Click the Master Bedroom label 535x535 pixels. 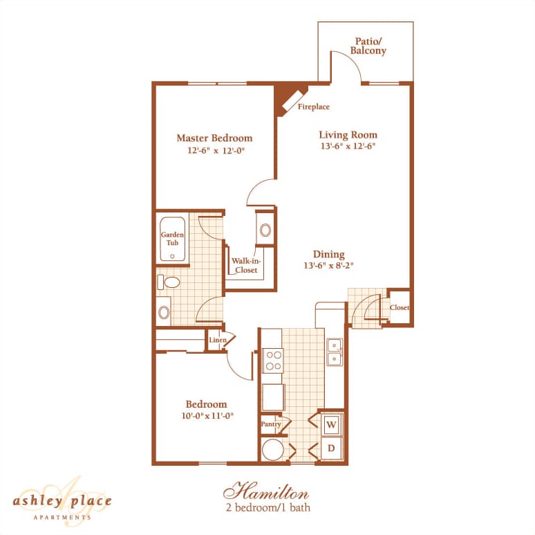pos(214,138)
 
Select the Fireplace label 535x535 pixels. pos(313,107)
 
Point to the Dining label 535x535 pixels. pos(328,254)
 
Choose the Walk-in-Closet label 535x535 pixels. pos(245,265)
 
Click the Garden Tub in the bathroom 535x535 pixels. pos(172,240)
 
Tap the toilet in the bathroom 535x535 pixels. pos(168,282)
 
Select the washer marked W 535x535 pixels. pos(331,424)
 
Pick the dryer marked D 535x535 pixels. pos(331,448)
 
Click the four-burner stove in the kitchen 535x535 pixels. pos(273,361)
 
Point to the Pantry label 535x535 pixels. pos(270,424)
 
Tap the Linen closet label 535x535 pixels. pos(218,341)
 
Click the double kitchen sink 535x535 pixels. pos(335,352)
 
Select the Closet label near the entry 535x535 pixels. pos(399,307)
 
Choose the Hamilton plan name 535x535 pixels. pos(265,493)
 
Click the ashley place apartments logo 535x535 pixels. pos(62,500)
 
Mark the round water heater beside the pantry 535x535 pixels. pos(272,450)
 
